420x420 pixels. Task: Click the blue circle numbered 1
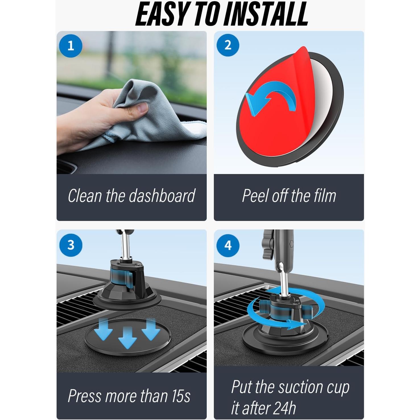tap(71, 45)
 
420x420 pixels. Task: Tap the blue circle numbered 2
tap(228, 45)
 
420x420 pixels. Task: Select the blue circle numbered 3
tap(71, 245)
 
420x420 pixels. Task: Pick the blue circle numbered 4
tap(228, 245)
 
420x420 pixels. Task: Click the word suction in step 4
tap(301, 387)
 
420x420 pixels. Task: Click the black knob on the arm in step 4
tap(267, 243)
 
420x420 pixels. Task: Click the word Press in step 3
tap(84, 396)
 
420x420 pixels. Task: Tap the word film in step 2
tap(325, 196)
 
